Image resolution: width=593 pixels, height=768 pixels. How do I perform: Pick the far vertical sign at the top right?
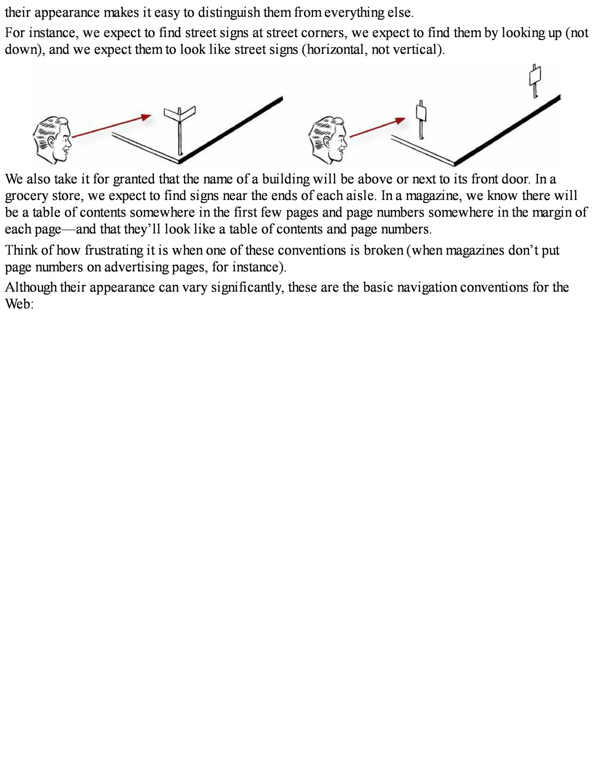click(536, 76)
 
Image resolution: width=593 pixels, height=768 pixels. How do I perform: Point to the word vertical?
click(415, 50)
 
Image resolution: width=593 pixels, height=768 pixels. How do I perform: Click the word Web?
click(19, 304)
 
